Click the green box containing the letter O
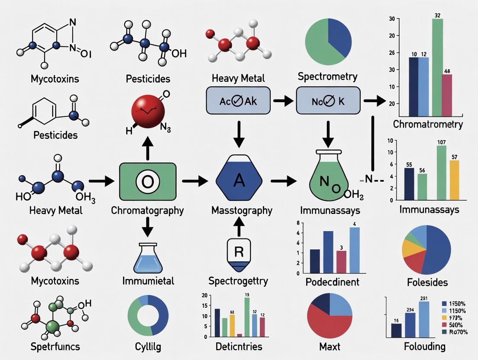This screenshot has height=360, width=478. [147, 182]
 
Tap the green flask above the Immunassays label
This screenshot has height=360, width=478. [330, 181]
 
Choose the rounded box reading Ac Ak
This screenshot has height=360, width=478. [238, 100]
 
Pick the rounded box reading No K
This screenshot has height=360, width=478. [328, 100]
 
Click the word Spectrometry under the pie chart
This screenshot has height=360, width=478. [328, 77]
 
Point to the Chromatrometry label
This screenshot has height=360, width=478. [428, 125]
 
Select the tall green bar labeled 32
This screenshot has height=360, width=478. [437, 67]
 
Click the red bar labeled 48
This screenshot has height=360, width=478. [446, 95]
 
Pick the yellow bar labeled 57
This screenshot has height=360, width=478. [454, 180]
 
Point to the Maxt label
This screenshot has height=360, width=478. [330, 347]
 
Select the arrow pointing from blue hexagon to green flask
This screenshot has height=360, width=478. [283, 182]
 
